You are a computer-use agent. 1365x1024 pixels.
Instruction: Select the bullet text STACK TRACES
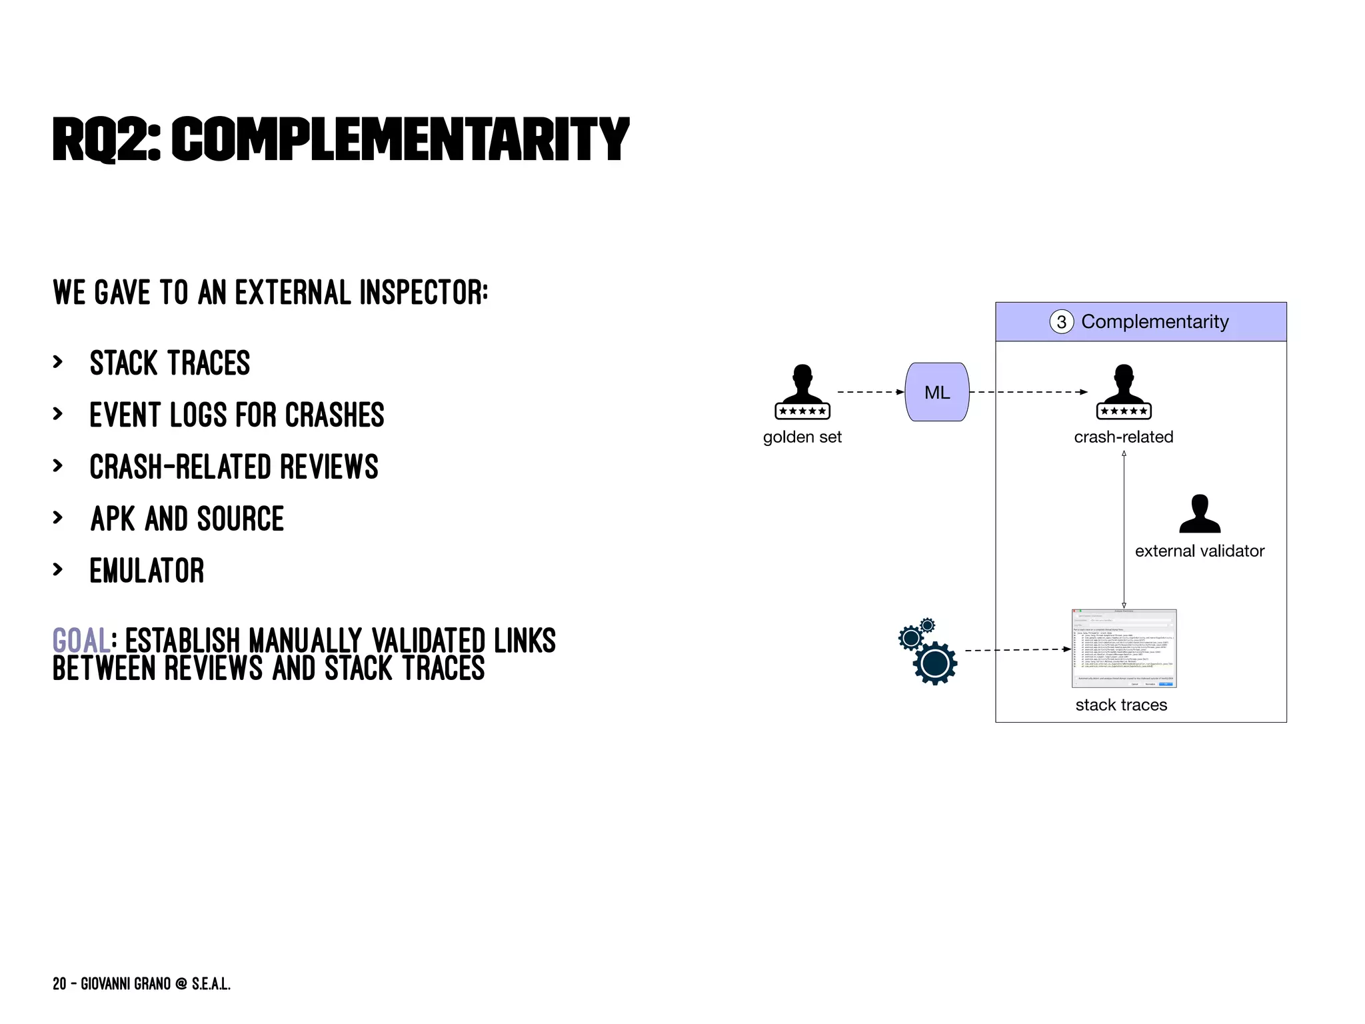click(170, 363)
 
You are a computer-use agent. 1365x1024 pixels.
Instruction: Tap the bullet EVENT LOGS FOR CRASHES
click(237, 415)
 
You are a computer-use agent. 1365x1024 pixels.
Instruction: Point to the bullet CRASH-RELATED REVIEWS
click(234, 467)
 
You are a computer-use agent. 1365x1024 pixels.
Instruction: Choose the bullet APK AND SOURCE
click(187, 519)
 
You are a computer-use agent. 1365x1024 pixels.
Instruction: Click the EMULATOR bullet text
click(147, 571)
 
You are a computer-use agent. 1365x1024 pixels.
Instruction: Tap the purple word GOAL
click(81, 641)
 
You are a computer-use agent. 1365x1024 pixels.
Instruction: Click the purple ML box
click(936, 392)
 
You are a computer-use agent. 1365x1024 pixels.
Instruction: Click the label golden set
click(802, 437)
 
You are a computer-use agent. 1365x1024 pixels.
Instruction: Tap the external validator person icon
click(1199, 514)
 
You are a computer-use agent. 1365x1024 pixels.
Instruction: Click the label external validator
click(1199, 551)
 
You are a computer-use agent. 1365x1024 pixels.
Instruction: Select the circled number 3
click(1061, 322)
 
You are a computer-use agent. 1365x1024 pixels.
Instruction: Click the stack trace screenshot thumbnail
click(1124, 648)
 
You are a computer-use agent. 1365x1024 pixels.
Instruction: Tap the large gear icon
click(934, 663)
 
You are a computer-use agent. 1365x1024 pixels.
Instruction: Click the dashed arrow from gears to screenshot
click(1016, 650)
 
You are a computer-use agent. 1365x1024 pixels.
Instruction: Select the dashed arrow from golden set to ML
click(869, 392)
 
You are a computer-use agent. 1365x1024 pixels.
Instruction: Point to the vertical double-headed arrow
click(1124, 530)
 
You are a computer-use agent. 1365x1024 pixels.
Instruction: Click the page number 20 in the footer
click(59, 984)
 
